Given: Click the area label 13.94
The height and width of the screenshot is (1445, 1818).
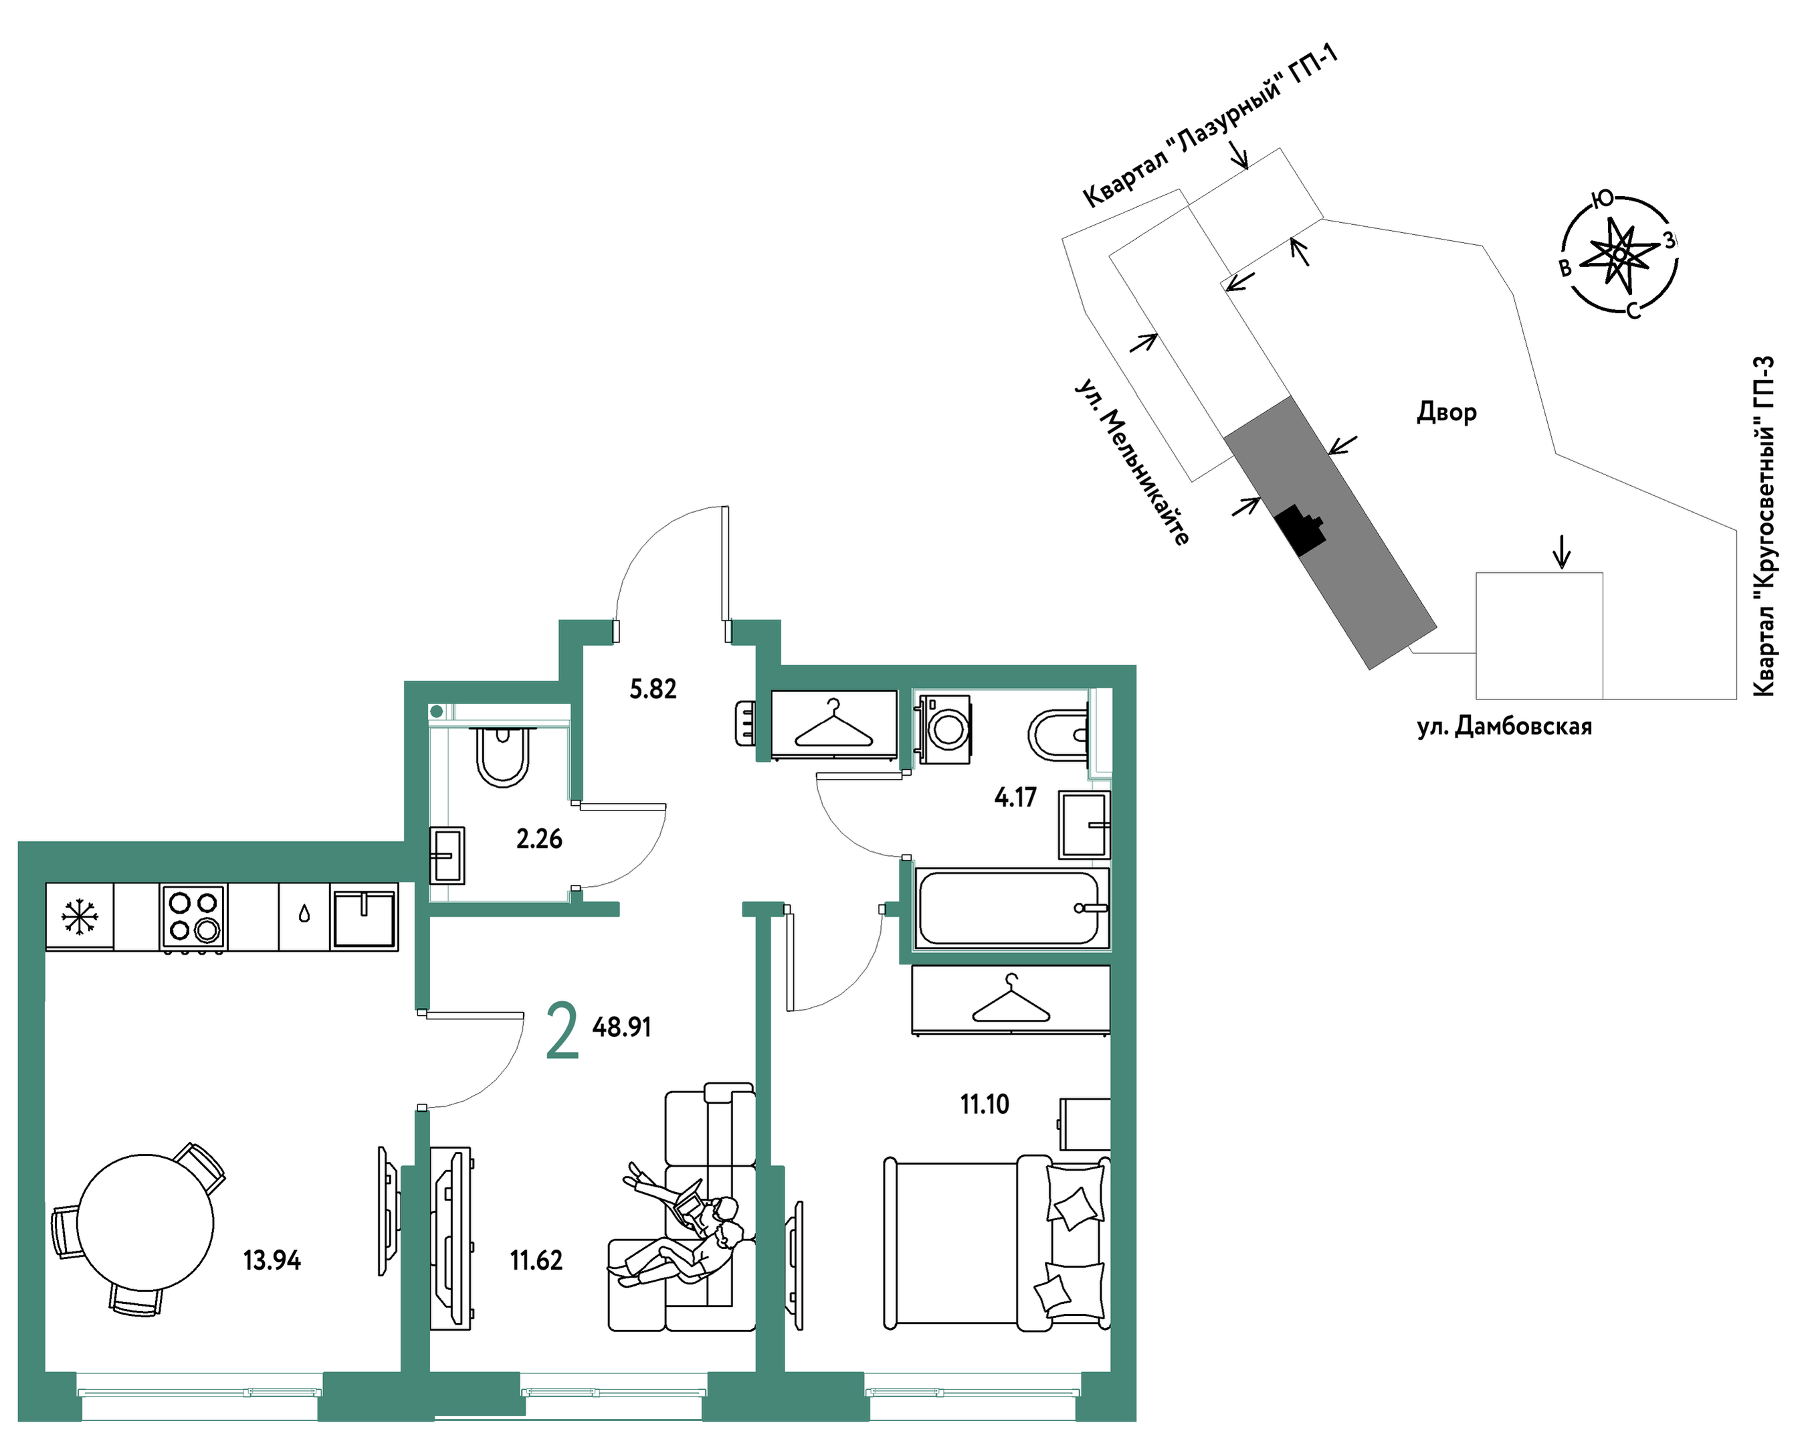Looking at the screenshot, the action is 272,1260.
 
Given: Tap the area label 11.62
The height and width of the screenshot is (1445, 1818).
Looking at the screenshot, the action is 536,1260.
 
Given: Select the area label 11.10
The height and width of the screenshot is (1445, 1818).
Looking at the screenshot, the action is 984,1104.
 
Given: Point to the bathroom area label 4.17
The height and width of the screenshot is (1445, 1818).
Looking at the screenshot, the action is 1015,797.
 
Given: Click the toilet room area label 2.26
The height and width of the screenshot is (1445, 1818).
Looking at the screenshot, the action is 539,839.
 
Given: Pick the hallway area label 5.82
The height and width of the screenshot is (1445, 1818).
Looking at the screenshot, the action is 653,689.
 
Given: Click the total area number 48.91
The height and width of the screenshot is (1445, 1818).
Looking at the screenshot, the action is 621,1027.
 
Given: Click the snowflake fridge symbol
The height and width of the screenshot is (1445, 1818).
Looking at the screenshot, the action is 80,916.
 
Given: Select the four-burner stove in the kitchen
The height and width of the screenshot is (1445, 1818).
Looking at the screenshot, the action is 194,917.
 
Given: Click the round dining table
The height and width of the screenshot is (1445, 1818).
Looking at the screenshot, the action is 145,1222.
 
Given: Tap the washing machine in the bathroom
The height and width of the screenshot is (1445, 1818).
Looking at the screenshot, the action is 945,729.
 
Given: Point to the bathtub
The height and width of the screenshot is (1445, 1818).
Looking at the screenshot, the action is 1009,908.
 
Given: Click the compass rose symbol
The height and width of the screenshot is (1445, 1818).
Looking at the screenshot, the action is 1619,254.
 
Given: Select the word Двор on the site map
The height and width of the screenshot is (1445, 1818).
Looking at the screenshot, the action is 1446,412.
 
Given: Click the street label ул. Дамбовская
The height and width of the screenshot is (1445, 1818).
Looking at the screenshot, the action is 1504,726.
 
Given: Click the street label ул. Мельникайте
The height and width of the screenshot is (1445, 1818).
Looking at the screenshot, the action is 1131,462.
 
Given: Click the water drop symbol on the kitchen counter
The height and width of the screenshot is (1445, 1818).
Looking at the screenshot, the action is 304,915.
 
